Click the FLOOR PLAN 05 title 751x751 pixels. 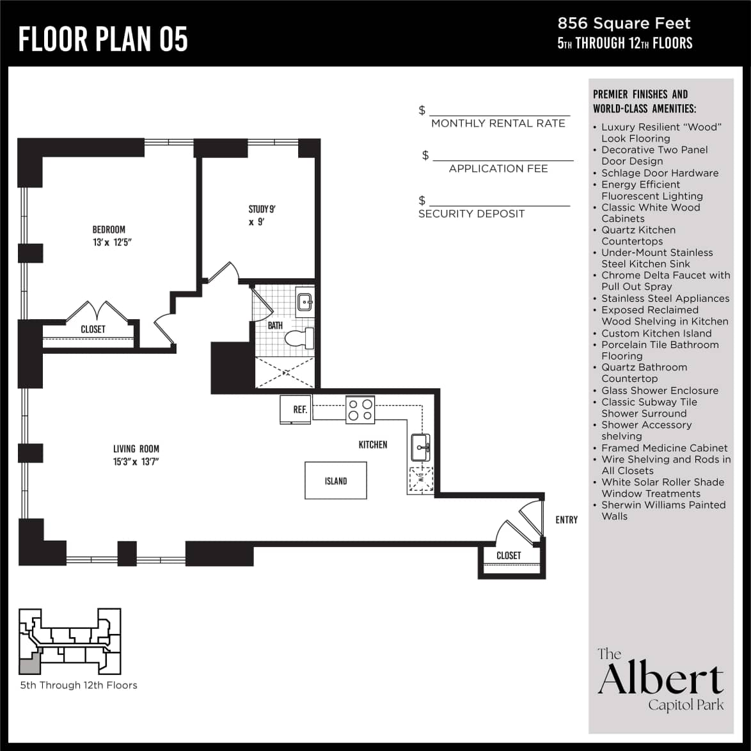pos(103,39)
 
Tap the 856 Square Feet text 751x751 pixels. pos(624,24)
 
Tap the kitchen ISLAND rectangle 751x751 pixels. pos(336,481)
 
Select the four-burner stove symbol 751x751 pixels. pos(360,410)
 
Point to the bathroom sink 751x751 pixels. pos(304,301)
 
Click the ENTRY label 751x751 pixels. pos(566,520)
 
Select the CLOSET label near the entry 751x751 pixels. pos(509,555)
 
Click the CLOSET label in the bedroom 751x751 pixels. pos(93,329)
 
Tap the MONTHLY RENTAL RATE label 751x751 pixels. pos(498,123)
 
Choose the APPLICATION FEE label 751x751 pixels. pos(498,169)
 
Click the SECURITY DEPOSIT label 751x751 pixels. pos(471,214)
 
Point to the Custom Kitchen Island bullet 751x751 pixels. pos(656,333)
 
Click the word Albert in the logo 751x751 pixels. pos(661,680)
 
